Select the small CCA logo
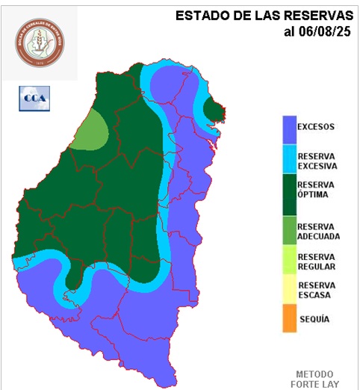coord(33,98)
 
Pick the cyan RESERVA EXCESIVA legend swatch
coord(288,160)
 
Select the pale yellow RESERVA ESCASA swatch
coord(288,289)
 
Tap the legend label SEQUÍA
coord(314,319)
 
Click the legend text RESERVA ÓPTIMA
coord(316,189)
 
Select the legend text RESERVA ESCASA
coord(316,290)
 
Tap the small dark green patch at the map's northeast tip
coord(215,111)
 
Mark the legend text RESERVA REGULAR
coord(316,261)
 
